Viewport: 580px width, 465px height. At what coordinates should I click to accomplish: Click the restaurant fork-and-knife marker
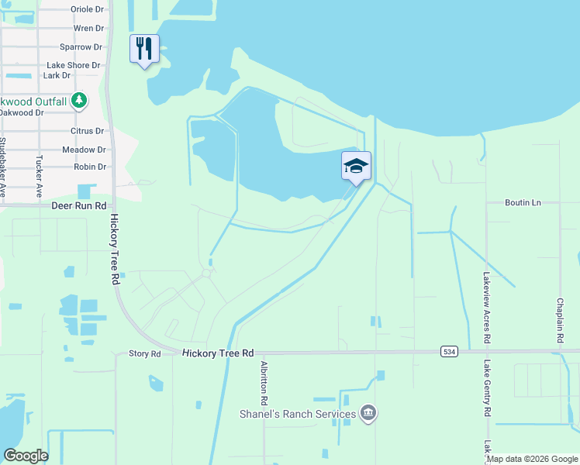coord(144,49)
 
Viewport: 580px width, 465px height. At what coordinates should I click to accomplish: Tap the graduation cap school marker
coord(356,166)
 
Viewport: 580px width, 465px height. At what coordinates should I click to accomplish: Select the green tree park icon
coord(78,100)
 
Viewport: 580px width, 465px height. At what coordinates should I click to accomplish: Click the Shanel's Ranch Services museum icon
coord(368,413)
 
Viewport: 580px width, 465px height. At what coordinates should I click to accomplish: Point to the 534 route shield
coord(450,352)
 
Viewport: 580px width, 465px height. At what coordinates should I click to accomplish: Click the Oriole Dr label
coord(87,9)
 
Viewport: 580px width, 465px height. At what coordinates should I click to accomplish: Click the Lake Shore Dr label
coord(74,66)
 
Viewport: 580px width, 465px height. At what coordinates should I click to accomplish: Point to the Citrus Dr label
coord(88,131)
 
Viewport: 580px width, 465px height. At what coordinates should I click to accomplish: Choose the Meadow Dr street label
coord(84,150)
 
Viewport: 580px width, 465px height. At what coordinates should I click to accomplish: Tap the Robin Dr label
coord(90,167)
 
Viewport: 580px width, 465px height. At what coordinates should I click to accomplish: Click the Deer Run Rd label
coord(78,207)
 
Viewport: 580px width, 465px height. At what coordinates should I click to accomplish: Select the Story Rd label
coord(144,354)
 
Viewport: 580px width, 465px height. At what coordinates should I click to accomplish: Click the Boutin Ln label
coord(523,202)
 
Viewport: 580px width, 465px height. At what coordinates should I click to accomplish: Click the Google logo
coord(26,456)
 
